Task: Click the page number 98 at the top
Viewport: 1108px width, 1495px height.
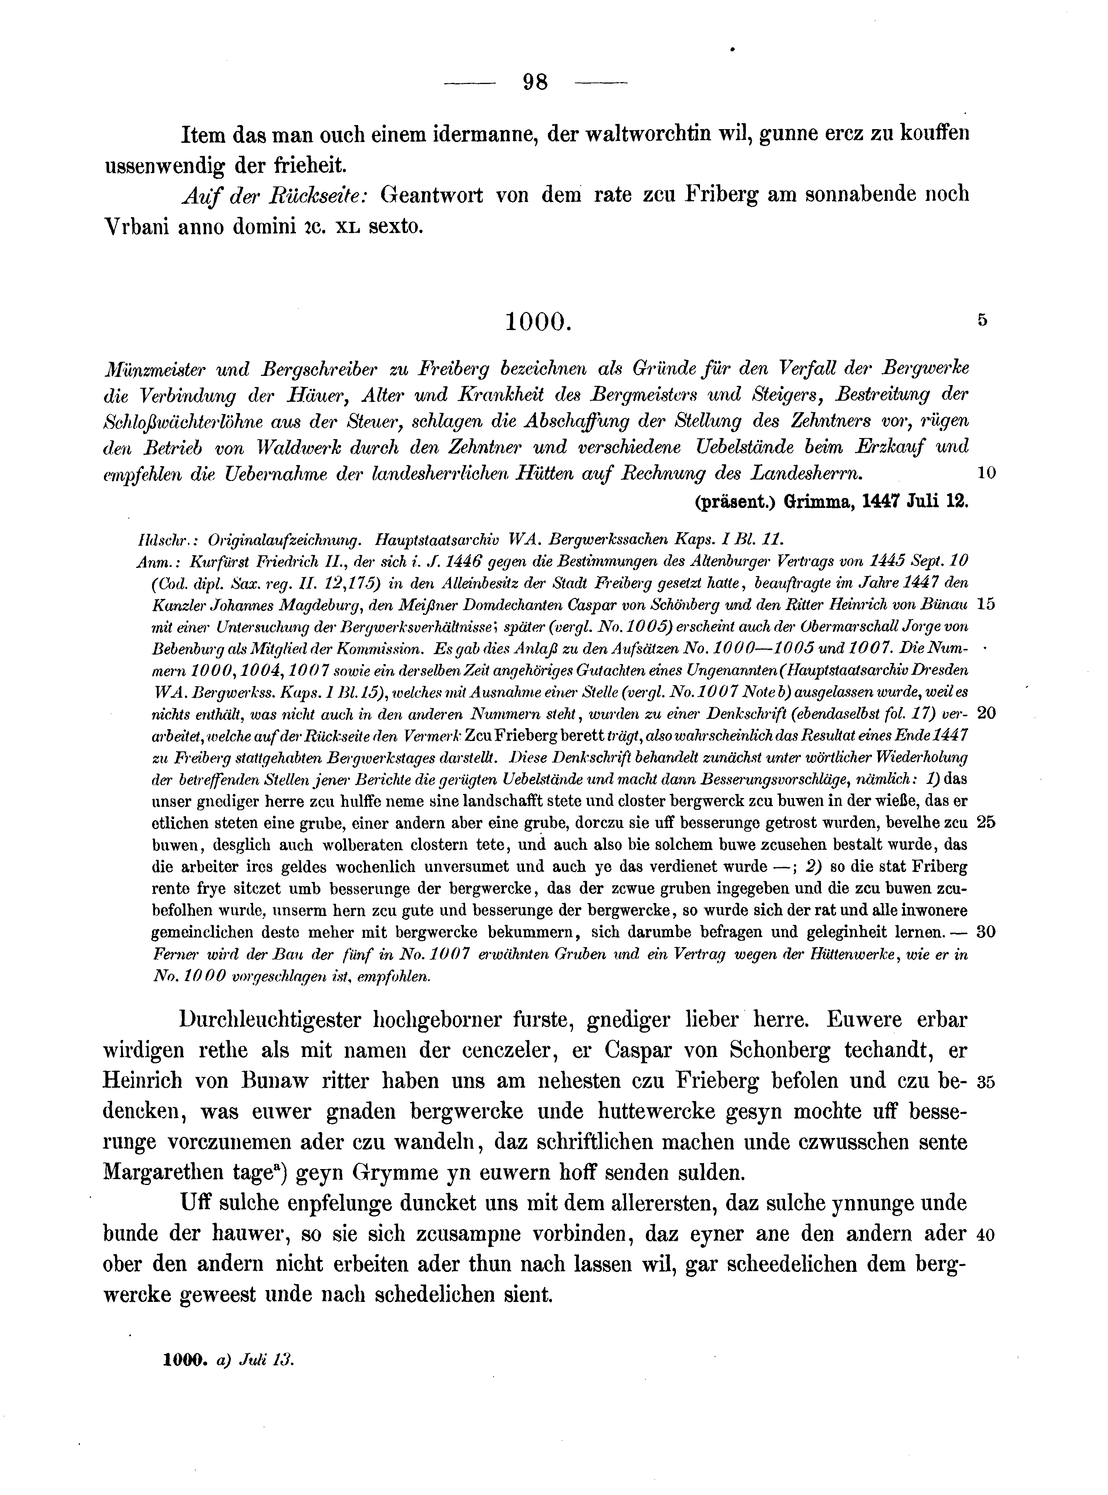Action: [x=535, y=83]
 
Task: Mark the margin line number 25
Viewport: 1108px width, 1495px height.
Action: [x=986, y=822]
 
